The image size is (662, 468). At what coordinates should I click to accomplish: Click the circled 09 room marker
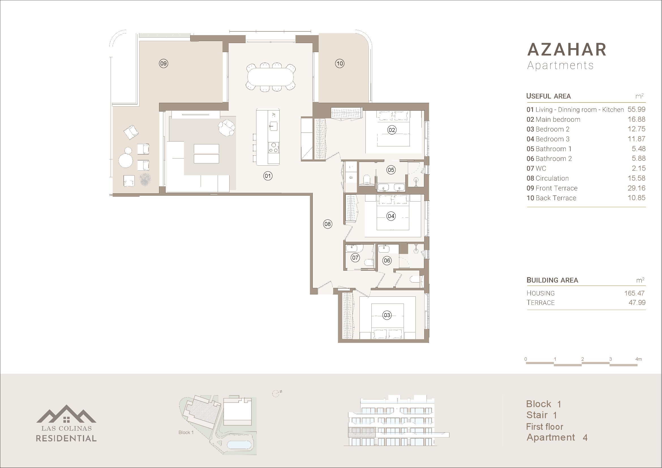coord(164,63)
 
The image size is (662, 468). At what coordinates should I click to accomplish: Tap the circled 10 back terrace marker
coord(340,63)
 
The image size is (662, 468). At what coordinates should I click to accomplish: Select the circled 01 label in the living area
coord(268,176)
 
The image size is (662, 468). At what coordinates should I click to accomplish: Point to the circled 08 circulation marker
coord(327,224)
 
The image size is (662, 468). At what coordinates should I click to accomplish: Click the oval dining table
coord(271,77)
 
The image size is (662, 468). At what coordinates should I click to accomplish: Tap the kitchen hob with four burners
coord(273,147)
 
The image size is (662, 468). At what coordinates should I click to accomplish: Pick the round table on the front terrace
coord(126,160)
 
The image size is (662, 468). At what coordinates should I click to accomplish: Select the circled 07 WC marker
coord(355,258)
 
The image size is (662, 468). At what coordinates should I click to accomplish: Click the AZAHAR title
coord(567,50)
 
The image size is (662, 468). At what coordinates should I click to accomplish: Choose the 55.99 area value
coord(636,110)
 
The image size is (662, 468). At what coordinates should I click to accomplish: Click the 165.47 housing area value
coord(634,293)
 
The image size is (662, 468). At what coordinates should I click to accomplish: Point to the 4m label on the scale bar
coord(638,359)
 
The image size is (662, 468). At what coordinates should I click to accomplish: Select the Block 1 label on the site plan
coord(186,432)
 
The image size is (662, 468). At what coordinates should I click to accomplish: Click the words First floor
coord(544,426)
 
